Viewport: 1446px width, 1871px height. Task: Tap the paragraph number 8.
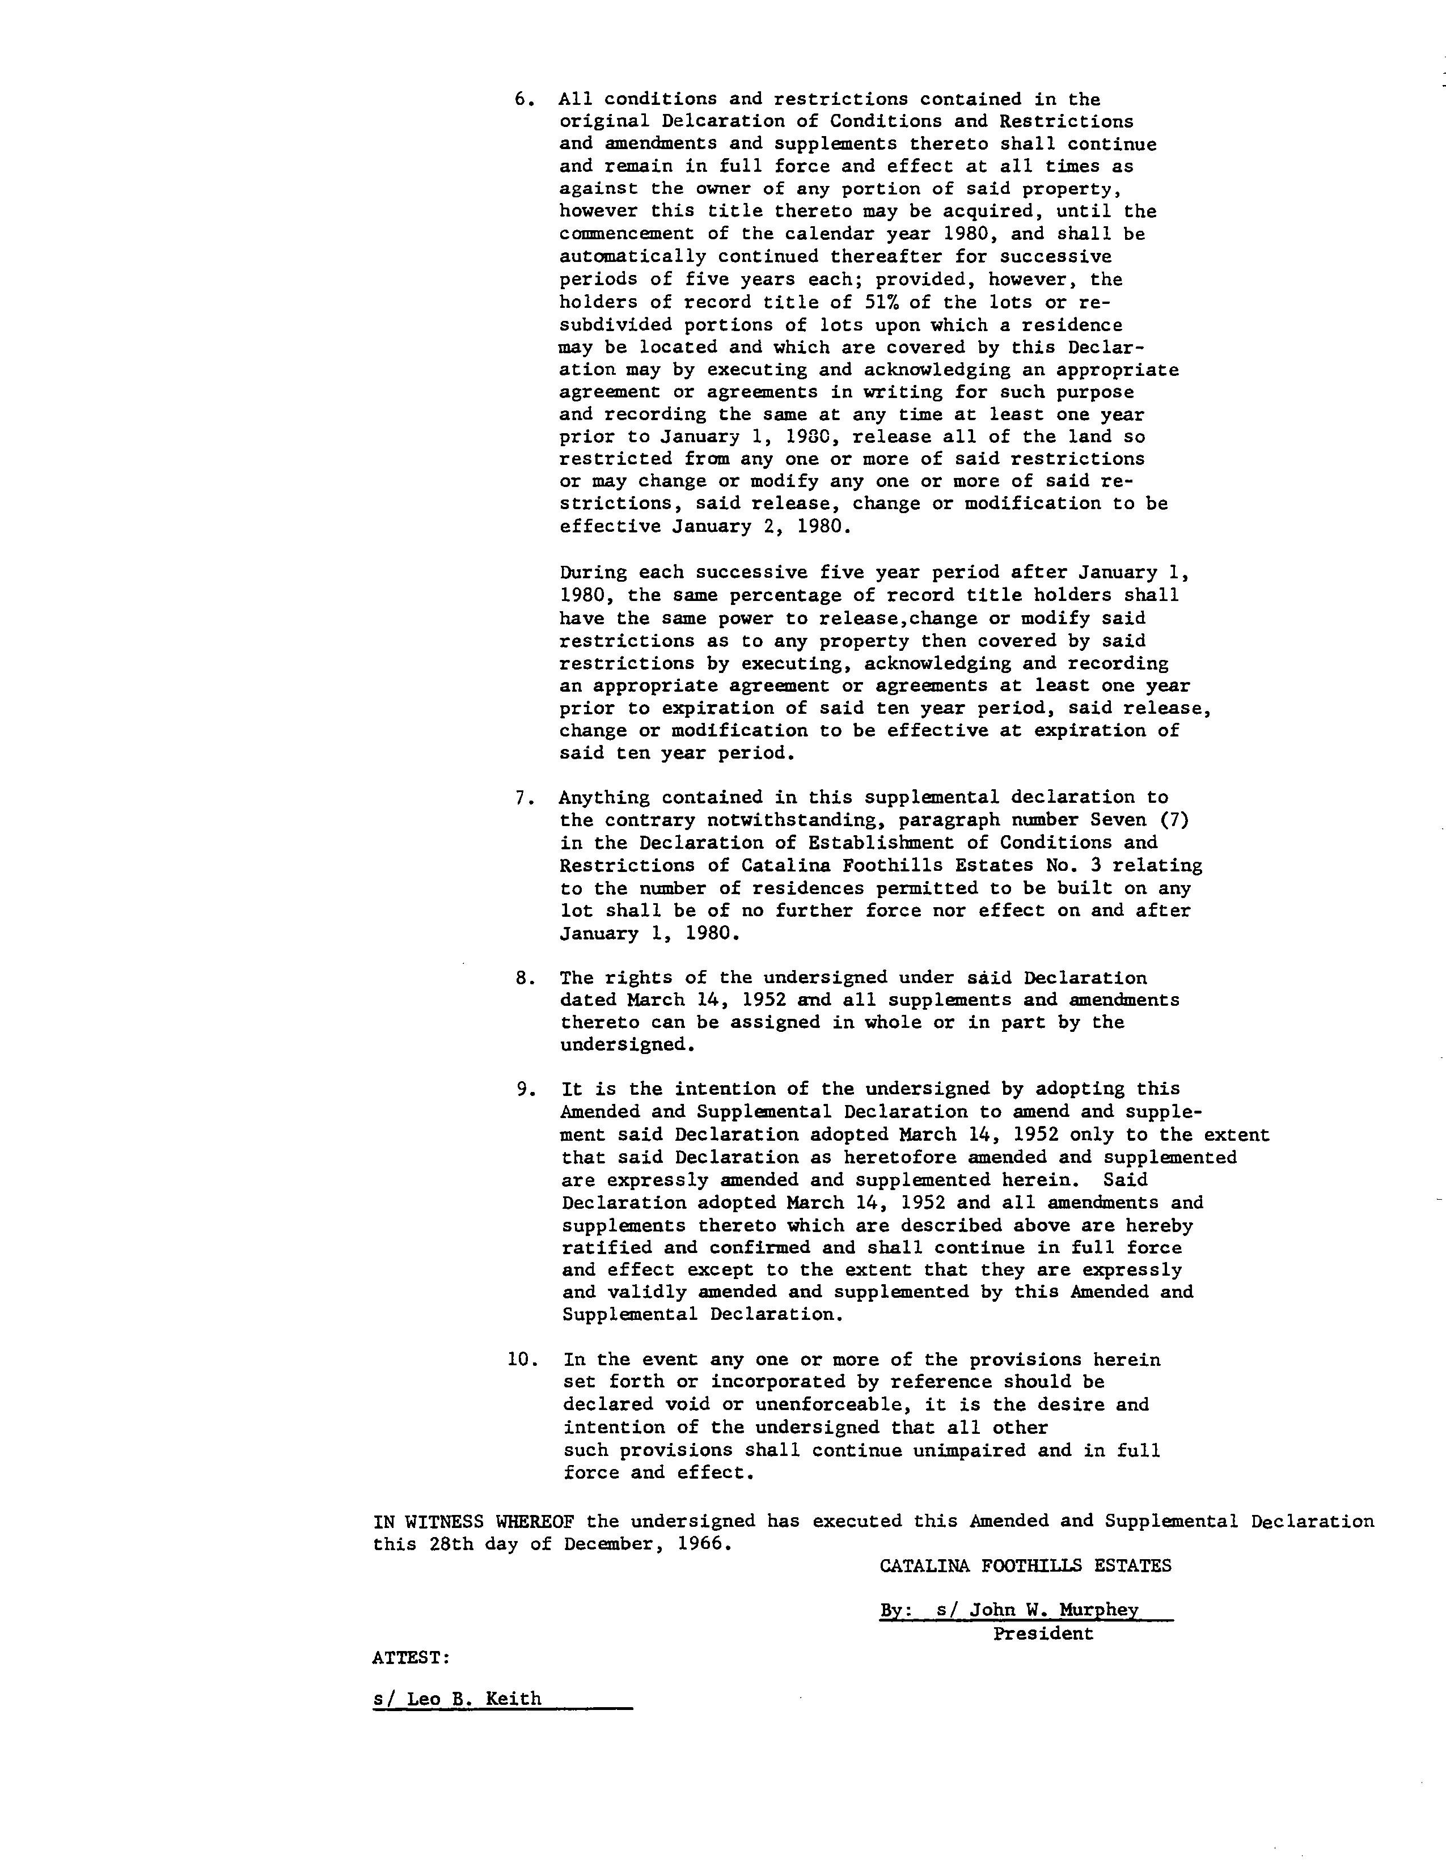pos(525,977)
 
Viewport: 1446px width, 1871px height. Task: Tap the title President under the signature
pos(1043,1633)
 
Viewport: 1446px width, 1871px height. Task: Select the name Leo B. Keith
pos(473,1699)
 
